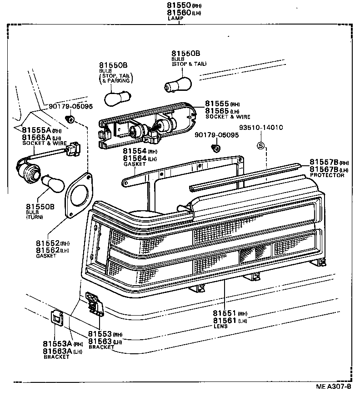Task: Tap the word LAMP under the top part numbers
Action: click(175, 19)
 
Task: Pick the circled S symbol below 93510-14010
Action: click(261, 146)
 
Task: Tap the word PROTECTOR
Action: click(327, 175)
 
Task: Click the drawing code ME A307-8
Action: click(334, 387)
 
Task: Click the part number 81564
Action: click(135, 158)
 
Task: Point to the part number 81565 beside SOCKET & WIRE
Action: click(217, 111)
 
